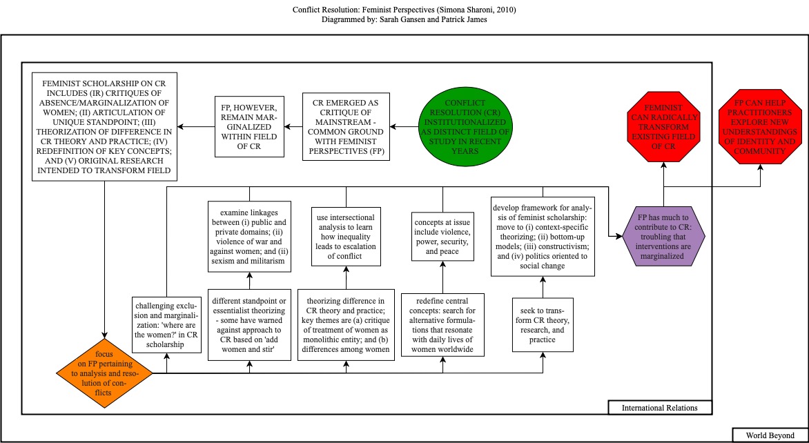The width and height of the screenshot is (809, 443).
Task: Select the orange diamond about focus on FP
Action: [104, 373]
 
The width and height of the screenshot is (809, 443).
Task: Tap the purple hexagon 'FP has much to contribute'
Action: [662, 235]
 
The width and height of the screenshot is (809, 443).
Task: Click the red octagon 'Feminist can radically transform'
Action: [662, 128]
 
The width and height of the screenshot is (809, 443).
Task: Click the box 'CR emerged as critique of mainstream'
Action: [346, 126]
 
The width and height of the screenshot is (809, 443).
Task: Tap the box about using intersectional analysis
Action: [346, 235]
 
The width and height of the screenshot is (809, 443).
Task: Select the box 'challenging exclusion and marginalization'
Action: [166, 324]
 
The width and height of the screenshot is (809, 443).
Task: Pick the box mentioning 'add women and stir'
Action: [249, 324]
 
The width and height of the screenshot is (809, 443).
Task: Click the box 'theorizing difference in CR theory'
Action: [346, 324]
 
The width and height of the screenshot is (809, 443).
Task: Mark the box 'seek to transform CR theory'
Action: [543, 324]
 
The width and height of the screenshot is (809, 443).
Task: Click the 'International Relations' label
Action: [659, 408]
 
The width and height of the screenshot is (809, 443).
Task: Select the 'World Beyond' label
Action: [766, 435]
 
